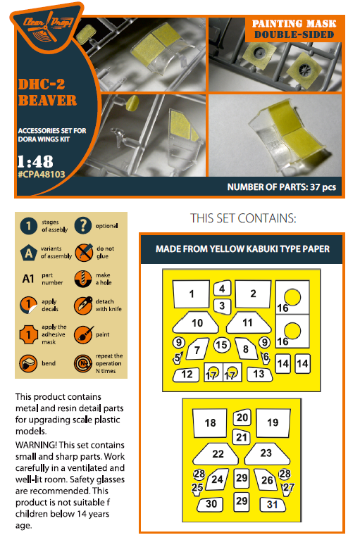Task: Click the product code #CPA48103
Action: [x=42, y=175]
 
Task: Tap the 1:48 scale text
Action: [x=36, y=161]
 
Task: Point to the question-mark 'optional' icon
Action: [x=83, y=225]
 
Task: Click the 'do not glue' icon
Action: [x=84, y=252]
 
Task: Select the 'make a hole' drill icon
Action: [x=83, y=279]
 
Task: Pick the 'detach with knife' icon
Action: [x=83, y=306]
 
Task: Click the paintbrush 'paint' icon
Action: [x=83, y=334]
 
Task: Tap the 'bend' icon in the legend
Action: [x=28, y=363]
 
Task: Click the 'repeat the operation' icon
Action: [x=83, y=363]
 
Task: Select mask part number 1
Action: [x=192, y=294]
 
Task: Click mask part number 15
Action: [x=222, y=345]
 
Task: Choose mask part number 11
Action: [x=248, y=322]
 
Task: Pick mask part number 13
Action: [x=259, y=374]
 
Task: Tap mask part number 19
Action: [x=273, y=423]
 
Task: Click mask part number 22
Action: [x=216, y=454]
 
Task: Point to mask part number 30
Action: [x=211, y=505]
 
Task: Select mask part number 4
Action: [x=222, y=288]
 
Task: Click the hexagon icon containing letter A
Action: [x=28, y=252]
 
